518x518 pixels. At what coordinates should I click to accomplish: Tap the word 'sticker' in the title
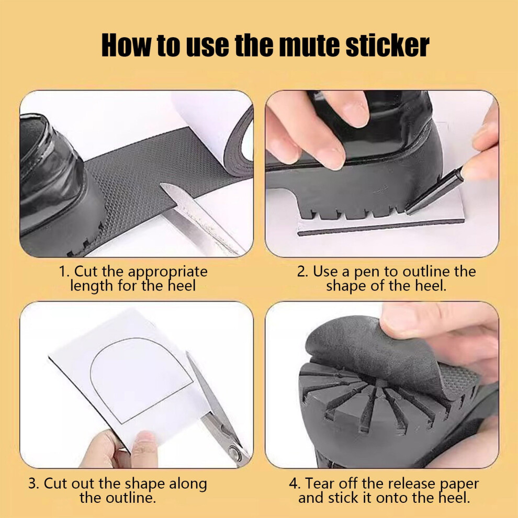click(x=387, y=45)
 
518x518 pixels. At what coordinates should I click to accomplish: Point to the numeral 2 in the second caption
click(x=301, y=272)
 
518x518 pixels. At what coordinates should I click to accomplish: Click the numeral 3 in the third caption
click(x=33, y=483)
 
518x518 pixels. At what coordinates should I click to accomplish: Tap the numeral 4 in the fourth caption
click(x=294, y=483)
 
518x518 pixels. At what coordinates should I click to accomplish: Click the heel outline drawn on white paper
click(x=141, y=380)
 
